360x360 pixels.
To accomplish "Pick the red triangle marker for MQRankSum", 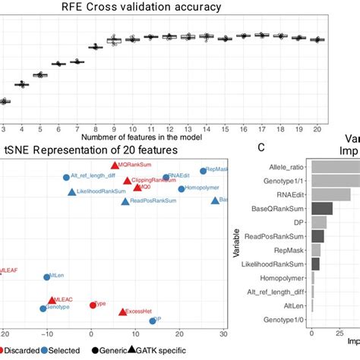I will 115,165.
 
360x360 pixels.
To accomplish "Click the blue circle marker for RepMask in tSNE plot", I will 203,171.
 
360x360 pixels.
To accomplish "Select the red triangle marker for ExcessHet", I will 122,311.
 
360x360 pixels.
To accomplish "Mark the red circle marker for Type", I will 92,304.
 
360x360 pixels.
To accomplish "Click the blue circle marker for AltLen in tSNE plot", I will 47,277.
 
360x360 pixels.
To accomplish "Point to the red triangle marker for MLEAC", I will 52,301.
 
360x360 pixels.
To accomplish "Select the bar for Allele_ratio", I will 335,166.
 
